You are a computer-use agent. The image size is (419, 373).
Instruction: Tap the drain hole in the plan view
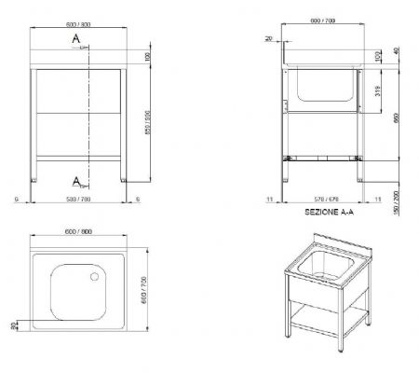pos(94,276)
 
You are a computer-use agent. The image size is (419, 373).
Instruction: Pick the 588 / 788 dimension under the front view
pos(78,198)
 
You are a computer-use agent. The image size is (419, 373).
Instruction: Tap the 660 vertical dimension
pos(396,118)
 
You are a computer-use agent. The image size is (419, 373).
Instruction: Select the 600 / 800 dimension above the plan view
pos(79,231)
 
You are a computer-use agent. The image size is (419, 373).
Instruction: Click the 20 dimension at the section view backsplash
pos(268,39)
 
